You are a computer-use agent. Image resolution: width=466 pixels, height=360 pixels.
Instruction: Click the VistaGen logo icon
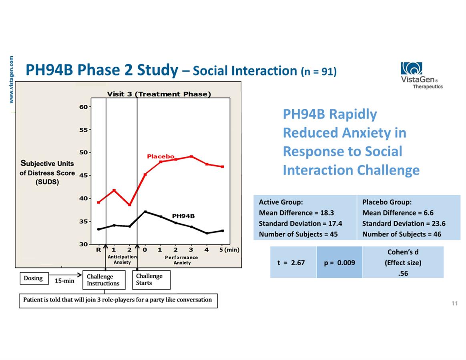tap(411, 68)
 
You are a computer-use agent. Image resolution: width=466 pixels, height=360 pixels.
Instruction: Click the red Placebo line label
tap(161, 156)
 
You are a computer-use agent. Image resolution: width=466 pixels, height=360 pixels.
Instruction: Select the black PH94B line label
tap(183, 216)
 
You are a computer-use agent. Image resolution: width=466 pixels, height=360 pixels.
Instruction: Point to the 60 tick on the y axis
tap(84, 107)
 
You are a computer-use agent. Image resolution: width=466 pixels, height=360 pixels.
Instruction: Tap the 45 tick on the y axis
tap(84, 176)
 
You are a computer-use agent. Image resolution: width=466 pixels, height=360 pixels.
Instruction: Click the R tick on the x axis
tap(98, 250)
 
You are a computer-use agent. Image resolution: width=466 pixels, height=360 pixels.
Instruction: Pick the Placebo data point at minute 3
tap(191, 156)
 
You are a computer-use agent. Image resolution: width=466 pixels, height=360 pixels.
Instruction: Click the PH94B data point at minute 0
tap(145, 212)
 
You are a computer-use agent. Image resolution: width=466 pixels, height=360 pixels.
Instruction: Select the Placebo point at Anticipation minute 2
tap(130, 205)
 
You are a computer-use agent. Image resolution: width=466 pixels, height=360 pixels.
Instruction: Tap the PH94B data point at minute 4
tap(207, 233)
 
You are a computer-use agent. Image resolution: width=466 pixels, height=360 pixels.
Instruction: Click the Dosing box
tap(34, 278)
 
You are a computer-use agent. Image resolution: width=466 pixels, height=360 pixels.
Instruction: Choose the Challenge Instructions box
tap(104, 280)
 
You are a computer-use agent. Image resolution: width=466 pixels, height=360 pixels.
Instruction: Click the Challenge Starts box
tap(151, 280)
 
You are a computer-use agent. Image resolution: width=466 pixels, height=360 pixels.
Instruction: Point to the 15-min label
tap(64, 281)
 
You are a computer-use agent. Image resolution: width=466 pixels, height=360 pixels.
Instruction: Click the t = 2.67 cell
tap(293, 262)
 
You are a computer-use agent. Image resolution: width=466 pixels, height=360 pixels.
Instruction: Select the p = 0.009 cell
tap(339, 262)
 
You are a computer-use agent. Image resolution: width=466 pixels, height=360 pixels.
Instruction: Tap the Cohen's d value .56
tap(403, 274)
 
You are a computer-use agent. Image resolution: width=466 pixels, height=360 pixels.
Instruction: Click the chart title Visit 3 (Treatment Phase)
tap(159, 94)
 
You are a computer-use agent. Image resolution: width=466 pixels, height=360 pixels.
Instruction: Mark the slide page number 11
tap(454, 303)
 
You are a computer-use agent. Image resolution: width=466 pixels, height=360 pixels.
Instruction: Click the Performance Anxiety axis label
tap(182, 260)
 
